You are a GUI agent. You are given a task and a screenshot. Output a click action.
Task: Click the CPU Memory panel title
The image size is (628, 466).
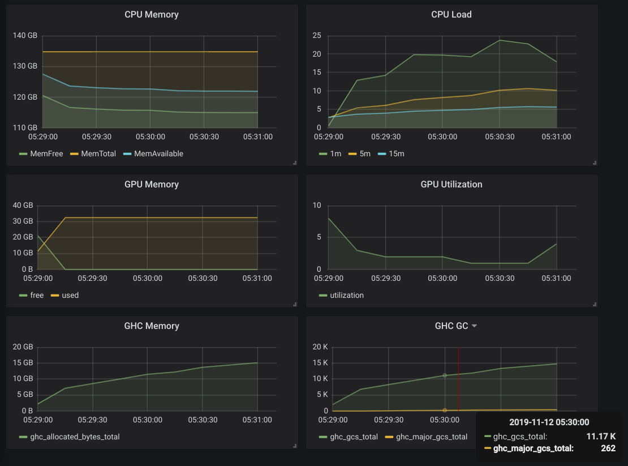click(151, 15)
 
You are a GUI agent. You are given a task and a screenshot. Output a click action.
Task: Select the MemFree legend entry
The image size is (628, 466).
click(47, 153)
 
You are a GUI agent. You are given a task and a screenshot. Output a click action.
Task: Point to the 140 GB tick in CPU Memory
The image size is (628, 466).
click(25, 36)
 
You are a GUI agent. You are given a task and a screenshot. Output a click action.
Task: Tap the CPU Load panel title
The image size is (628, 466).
click(451, 15)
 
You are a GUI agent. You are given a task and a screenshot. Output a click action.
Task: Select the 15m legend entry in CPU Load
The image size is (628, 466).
click(397, 153)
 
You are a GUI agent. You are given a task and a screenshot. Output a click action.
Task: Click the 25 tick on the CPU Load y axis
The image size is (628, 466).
click(317, 36)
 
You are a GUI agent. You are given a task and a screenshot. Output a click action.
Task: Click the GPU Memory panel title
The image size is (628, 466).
click(151, 185)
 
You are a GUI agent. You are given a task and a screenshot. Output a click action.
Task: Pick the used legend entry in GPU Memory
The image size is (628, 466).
click(70, 295)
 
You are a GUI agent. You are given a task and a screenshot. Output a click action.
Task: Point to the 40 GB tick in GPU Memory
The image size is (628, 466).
click(23, 205)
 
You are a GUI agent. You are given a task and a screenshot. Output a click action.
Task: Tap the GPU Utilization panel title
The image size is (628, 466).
click(451, 185)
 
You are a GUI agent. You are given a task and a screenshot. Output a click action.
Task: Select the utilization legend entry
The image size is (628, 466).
click(346, 295)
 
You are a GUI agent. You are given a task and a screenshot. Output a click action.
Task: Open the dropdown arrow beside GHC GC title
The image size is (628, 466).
click(474, 326)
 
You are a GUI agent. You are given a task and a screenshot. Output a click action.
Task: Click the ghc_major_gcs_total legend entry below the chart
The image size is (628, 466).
click(431, 437)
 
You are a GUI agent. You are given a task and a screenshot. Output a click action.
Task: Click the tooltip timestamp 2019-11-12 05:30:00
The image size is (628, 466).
click(549, 422)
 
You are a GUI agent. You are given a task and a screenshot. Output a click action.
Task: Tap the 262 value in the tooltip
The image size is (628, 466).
click(608, 448)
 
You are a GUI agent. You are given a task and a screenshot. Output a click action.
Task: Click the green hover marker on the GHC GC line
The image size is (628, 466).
click(445, 375)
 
